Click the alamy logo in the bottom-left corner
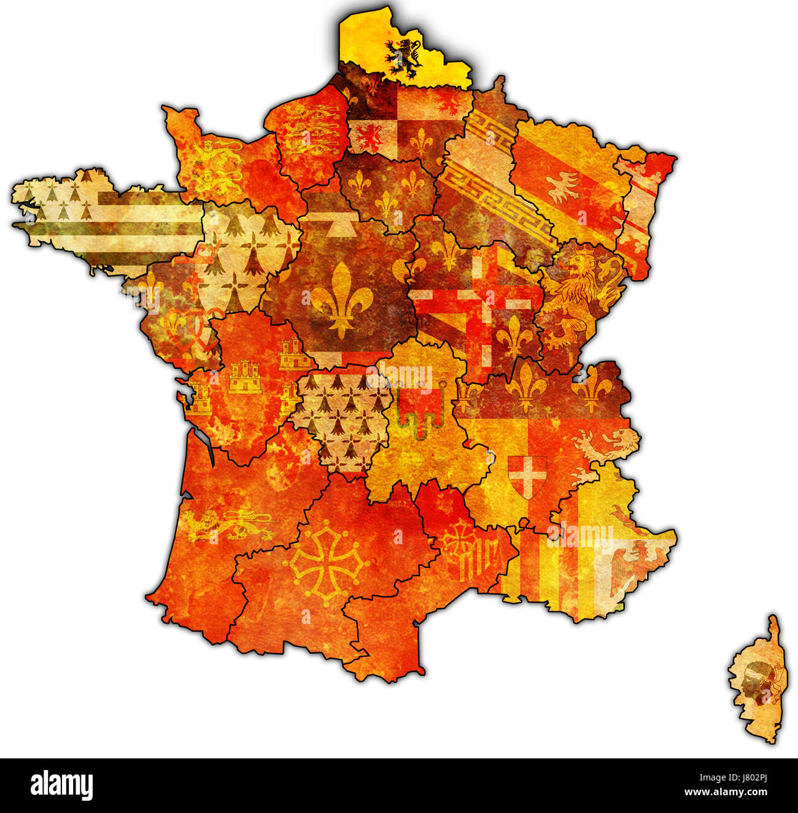(x=61, y=785)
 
